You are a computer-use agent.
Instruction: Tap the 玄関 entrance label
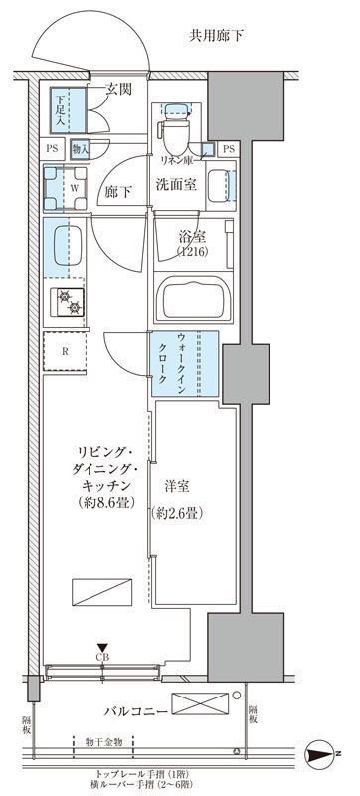pyautogui.click(x=119, y=93)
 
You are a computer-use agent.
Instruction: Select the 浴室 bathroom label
pyautogui.click(x=193, y=238)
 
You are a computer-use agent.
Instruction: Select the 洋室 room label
pyautogui.click(x=180, y=487)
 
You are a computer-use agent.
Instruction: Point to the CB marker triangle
pyautogui.click(x=102, y=647)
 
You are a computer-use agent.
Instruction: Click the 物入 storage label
pyautogui.click(x=81, y=149)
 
